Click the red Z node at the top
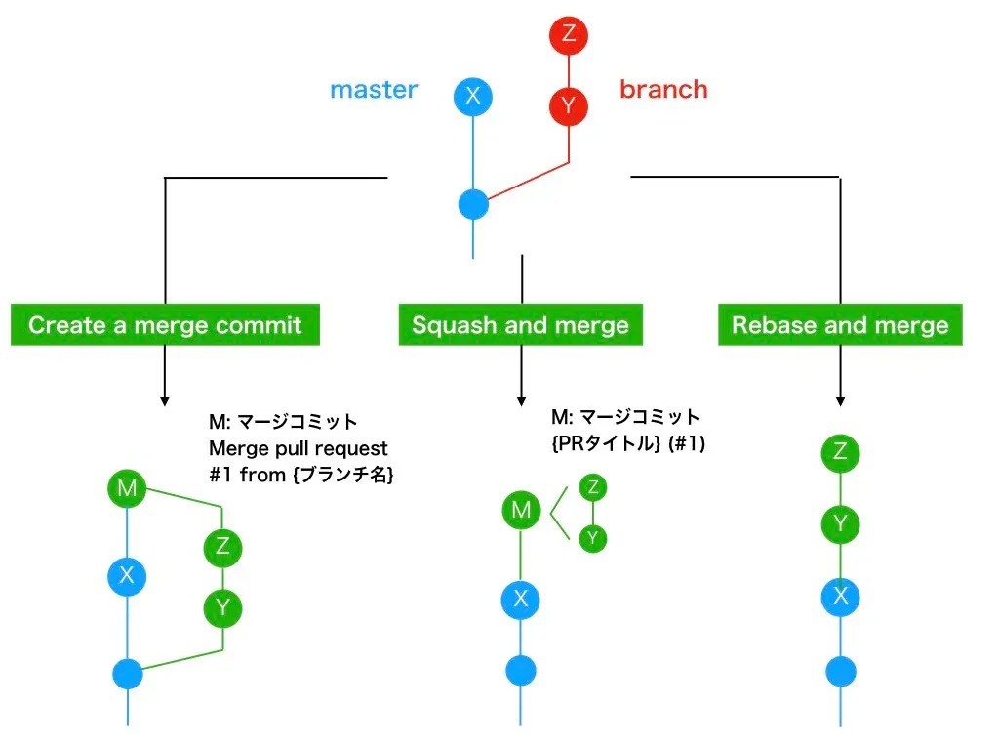pos(569,36)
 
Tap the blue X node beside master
pos(473,96)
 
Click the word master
pos(374,90)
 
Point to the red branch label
pos(663,90)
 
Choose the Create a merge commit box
pos(165,325)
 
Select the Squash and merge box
pos(520,325)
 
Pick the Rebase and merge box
pos(840,325)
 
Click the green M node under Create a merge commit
pos(127,488)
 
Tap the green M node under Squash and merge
pos(521,510)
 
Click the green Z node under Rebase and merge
pos(840,451)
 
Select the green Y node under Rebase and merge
pos(840,524)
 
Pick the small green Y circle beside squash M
pos(592,538)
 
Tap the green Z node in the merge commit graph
pos(222,546)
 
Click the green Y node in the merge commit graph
pos(222,609)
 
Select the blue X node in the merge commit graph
pos(127,576)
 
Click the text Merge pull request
pos(299,449)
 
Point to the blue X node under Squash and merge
pos(521,599)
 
